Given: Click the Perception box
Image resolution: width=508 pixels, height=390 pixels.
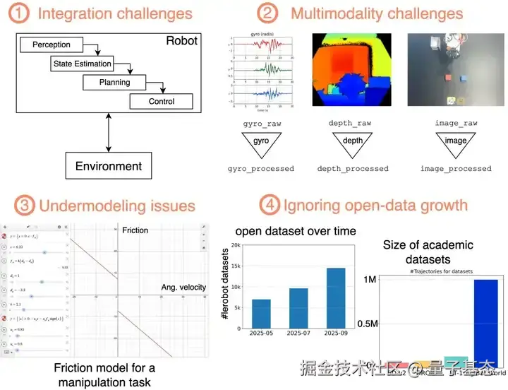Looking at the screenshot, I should coord(52,45).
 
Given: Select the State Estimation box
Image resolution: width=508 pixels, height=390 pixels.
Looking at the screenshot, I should coord(83,64).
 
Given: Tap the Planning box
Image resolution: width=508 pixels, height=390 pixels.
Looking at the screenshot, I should coord(114,82).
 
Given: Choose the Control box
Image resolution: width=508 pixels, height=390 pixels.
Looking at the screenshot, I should coord(161,101).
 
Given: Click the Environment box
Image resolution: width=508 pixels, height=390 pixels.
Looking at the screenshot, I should coord(108,167).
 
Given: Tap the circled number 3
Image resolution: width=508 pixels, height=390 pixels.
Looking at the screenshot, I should coord(21,206).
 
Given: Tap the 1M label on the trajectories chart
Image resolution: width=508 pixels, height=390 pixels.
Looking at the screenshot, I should coord(370,280).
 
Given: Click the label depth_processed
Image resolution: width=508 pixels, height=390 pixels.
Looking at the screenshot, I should coord(353,169).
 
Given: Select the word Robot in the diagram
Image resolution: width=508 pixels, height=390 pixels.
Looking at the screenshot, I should coord(183,41).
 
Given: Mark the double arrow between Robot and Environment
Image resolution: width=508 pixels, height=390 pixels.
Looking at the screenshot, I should coord(108,131).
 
